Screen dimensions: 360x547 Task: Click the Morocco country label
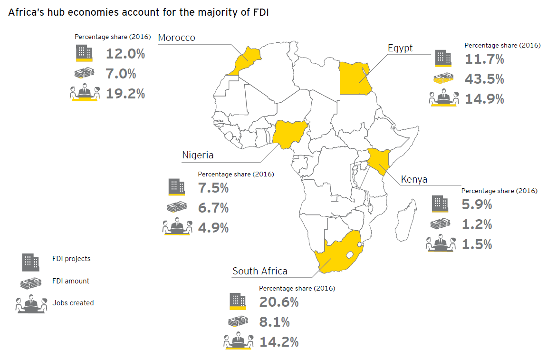176,38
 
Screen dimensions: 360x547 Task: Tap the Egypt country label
400,48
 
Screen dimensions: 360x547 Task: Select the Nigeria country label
198,155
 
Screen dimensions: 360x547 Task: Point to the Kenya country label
414,179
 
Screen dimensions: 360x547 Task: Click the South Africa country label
260,271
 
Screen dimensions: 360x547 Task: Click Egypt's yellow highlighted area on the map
355,78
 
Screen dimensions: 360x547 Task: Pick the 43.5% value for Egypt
485,79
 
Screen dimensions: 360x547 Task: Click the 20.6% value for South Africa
279,302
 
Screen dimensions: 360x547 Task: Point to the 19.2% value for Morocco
125,94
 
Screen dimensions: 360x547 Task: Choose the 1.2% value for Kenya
477,224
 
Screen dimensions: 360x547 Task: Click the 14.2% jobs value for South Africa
279,341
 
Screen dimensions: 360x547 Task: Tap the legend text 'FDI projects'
71,259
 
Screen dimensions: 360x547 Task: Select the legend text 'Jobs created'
73,302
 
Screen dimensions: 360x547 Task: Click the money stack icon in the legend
30,282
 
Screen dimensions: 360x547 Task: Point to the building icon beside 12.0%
84,53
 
